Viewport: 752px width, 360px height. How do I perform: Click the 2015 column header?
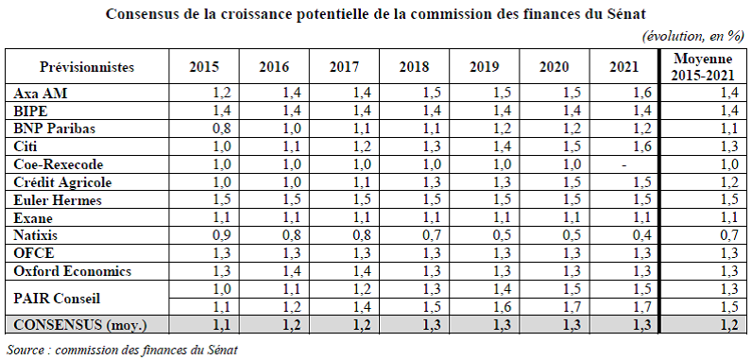[x=204, y=67]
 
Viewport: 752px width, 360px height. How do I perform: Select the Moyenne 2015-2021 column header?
[x=703, y=67]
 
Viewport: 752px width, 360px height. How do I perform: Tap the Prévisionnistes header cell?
[x=87, y=67]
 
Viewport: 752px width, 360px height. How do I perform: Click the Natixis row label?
[x=36, y=236]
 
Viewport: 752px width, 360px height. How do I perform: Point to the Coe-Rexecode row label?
[x=58, y=165]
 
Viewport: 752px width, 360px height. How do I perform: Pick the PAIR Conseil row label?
[x=57, y=299]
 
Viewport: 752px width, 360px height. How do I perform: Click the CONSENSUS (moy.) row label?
[x=80, y=325]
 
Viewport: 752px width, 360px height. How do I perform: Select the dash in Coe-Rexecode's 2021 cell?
[x=624, y=165]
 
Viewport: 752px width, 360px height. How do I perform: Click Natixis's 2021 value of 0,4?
[x=641, y=236]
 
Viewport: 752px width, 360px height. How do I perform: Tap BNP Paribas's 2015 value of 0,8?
[x=222, y=129]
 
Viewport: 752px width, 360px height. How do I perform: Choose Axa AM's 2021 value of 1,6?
[x=641, y=94]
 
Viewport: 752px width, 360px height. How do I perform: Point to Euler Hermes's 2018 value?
[x=432, y=200]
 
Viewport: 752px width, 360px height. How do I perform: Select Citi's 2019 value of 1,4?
[x=502, y=146]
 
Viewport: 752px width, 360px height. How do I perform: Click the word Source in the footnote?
[x=25, y=350]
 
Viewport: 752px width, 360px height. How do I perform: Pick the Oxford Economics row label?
[x=73, y=271]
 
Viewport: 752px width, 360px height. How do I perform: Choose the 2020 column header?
[x=554, y=67]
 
